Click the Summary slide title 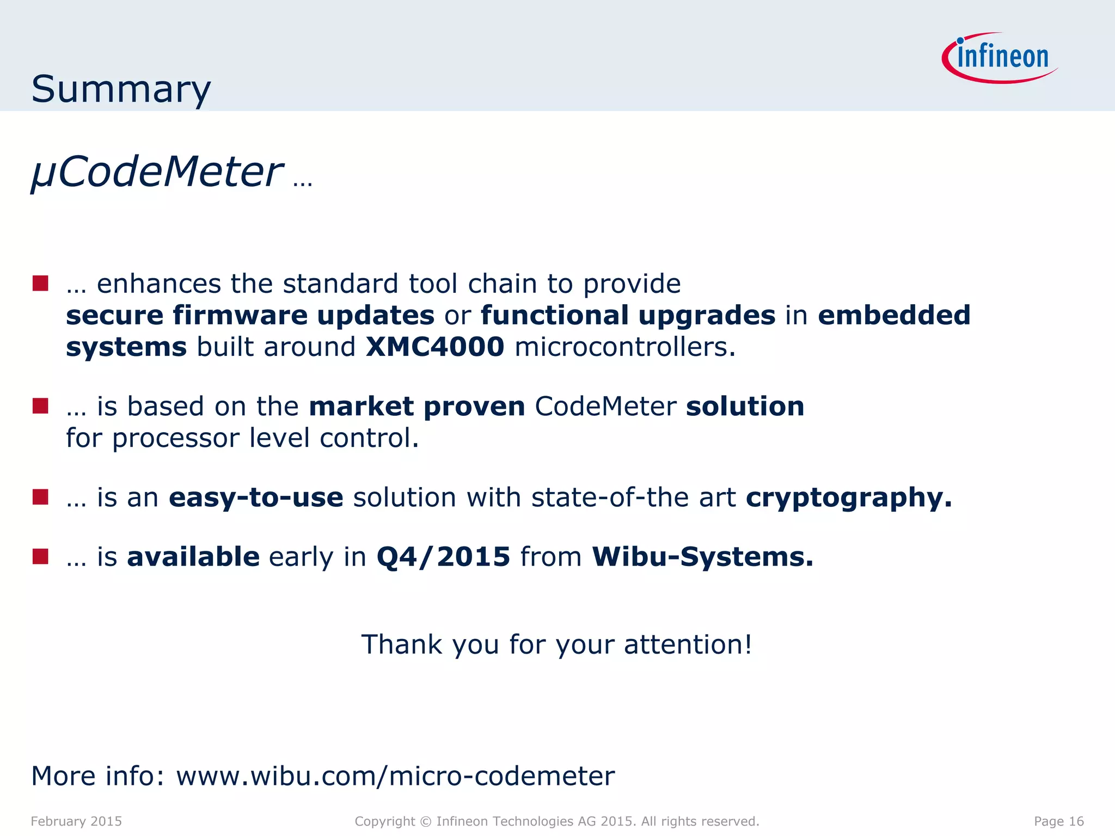(121, 89)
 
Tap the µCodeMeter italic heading (157, 172)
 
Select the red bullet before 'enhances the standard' (40, 283)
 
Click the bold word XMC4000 (435, 347)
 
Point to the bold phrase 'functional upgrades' (628, 315)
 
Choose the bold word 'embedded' (894, 315)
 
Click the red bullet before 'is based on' (40, 405)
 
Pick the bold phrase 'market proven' (416, 406)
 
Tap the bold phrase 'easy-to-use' (256, 497)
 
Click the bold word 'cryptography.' (849, 497)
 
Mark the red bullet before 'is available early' (40, 556)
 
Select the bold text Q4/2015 (443, 556)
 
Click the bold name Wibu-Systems (702, 556)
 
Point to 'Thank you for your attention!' (557, 644)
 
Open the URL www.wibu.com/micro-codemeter (395, 776)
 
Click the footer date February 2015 (76, 821)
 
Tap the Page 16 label (1058, 821)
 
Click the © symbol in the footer (426, 821)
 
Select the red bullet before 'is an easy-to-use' (40, 497)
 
